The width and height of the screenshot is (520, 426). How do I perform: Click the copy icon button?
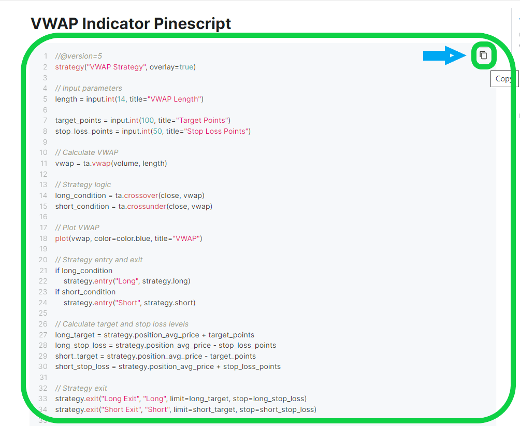[x=484, y=55]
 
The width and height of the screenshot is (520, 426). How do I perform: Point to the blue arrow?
[x=444, y=55]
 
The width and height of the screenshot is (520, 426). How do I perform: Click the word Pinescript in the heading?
[x=192, y=24]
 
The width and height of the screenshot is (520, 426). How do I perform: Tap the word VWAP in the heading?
[x=54, y=23]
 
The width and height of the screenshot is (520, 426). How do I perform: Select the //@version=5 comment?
[x=79, y=56]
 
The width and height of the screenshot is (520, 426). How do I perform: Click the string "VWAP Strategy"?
[x=117, y=67]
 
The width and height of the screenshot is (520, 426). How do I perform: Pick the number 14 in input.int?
[x=121, y=99]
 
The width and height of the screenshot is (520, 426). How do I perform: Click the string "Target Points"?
[x=202, y=120]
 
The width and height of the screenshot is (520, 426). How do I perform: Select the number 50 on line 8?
[x=157, y=132]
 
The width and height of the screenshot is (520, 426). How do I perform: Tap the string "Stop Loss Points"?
[x=216, y=132]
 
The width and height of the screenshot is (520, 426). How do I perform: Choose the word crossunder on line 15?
[x=147, y=206]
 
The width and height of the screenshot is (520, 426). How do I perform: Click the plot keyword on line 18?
[x=62, y=238]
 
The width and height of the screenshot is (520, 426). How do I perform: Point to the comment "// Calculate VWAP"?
[x=86, y=152]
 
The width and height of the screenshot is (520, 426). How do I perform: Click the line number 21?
[x=44, y=271]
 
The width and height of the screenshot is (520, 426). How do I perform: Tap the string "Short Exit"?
[x=122, y=410]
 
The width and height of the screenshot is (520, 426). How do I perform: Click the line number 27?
[x=43, y=335]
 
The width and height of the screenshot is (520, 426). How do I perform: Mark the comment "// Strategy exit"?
[x=81, y=389]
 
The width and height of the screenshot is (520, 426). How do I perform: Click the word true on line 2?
[x=186, y=67]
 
